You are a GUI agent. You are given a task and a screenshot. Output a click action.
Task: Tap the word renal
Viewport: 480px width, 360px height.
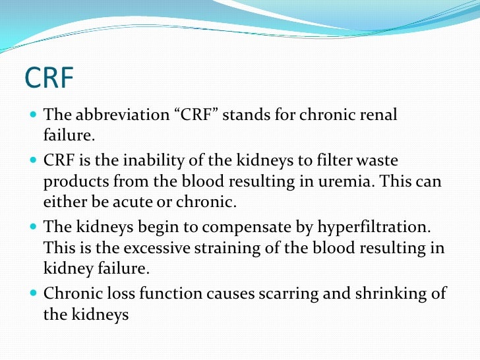(378, 115)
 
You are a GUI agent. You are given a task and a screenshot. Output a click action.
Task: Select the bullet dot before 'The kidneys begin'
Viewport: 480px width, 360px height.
(34, 227)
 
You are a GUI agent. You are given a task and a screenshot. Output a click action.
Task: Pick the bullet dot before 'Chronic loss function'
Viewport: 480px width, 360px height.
(34, 293)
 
